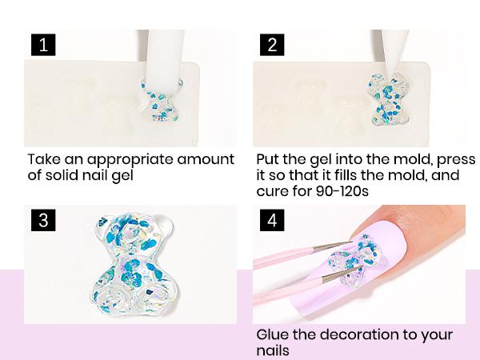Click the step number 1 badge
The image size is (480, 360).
click(43, 45)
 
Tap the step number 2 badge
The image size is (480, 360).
click(272, 45)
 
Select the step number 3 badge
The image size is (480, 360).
click(43, 220)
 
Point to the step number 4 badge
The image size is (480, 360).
click(272, 220)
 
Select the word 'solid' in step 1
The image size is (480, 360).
click(62, 175)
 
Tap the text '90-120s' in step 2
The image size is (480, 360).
click(342, 191)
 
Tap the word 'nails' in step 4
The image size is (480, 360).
click(273, 350)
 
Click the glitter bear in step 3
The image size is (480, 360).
click(132, 264)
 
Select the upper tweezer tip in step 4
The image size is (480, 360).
click(351, 242)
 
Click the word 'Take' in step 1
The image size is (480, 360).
click(45, 159)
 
